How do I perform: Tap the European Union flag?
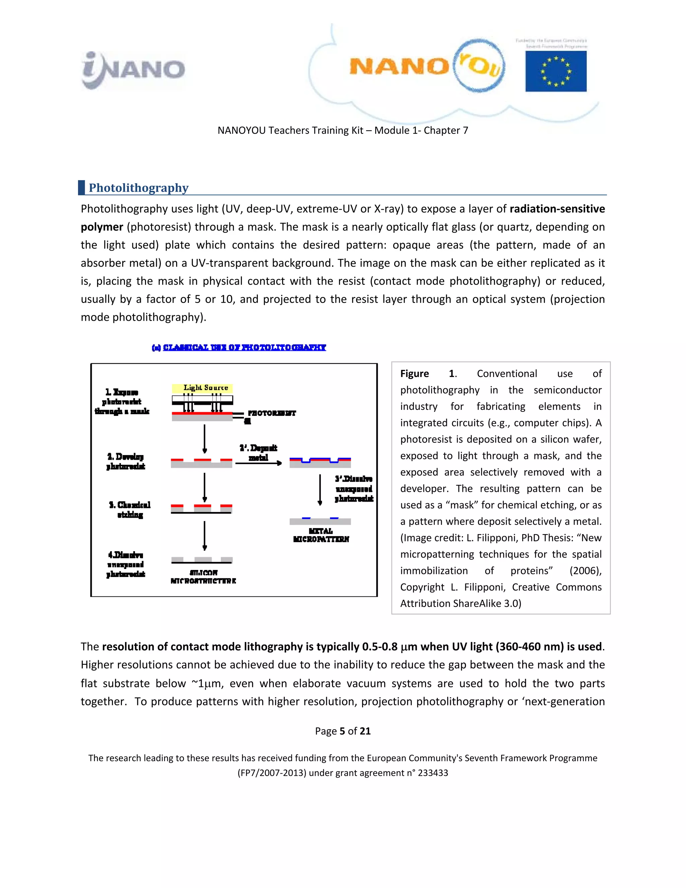click(x=556, y=71)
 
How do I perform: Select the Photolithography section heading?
click(x=139, y=188)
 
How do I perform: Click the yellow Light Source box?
click(x=202, y=388)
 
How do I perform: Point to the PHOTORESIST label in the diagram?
click(x=271, y=413)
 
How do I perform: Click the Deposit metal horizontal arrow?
click(x=259, y=463)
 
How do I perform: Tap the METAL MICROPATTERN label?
click(x=321, y=535)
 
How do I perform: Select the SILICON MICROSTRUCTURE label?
click(x=203, y=577)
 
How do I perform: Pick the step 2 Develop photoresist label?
click(x=126, y=461)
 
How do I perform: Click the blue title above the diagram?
click(x=239, y=347)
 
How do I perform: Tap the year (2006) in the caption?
click(x=585, y=571)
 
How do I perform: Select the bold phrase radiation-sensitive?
click(x=557, y=209)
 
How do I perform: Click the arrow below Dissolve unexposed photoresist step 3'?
click(x=320, y=490)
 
